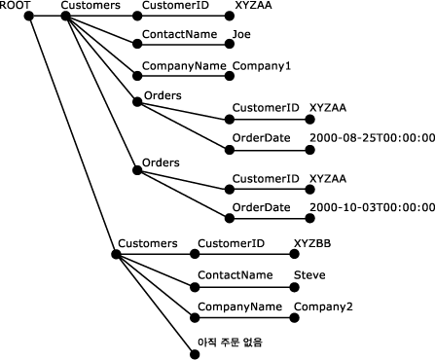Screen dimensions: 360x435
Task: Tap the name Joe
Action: (x=241, y=36)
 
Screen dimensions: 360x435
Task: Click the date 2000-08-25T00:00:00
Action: (x=371, y=138)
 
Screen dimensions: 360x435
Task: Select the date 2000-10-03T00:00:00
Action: (x=371, y=208)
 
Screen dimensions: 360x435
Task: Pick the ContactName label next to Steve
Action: (x=235, y=275)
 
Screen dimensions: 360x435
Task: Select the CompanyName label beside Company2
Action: (x=238, y=307)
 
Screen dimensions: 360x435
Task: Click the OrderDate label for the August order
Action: (x=261, y=138)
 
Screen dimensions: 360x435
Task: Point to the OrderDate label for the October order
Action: (x=261, y=208)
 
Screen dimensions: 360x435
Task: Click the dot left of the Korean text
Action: (x=192, y=351)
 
